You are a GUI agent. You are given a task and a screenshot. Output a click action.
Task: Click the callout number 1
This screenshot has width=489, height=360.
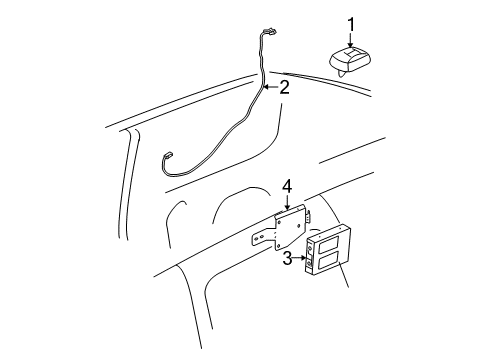coord(351,24)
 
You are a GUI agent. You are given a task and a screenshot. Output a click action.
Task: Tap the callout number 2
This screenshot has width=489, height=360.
coord(285,88)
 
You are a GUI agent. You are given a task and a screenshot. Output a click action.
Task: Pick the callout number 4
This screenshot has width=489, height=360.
coord(286,186)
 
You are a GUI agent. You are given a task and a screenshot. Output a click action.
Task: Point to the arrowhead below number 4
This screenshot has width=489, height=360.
coord(286,205)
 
